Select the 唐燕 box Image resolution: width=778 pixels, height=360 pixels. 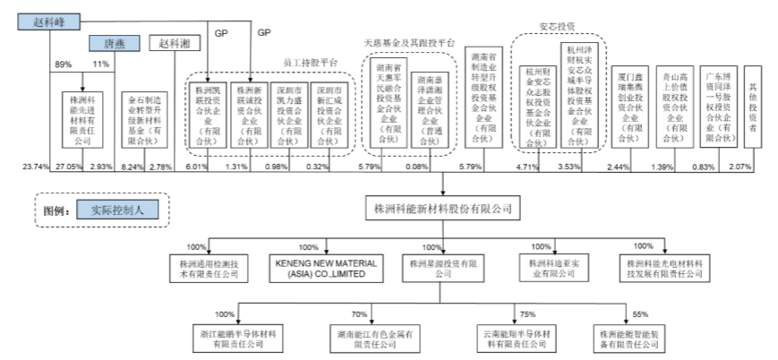(x=113, y=42)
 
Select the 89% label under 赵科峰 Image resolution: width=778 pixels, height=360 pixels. (x=63, y=64)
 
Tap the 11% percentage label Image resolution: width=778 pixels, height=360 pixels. (x=100, y=64)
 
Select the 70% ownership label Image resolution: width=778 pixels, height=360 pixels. (x=360, y=314)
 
